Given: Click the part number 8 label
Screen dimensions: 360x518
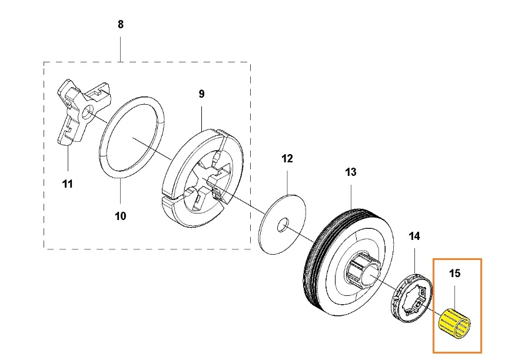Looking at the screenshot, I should click(121, 25).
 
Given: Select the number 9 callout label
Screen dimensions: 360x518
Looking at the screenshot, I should click(201, 94).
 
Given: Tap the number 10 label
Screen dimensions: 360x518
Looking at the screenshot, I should click(120, 216).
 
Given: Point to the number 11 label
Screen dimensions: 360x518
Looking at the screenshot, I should click(68, 184).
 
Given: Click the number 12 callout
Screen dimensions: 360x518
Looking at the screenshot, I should click(287, 158).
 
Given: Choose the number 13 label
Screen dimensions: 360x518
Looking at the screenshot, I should click(351, 172).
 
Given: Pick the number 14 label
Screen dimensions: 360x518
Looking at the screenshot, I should click(414, 236).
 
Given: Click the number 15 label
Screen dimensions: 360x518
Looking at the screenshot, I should click(455, 274).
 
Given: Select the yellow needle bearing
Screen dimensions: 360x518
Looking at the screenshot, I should click(456, 324).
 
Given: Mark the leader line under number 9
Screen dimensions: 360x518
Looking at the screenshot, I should click(201, 115).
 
